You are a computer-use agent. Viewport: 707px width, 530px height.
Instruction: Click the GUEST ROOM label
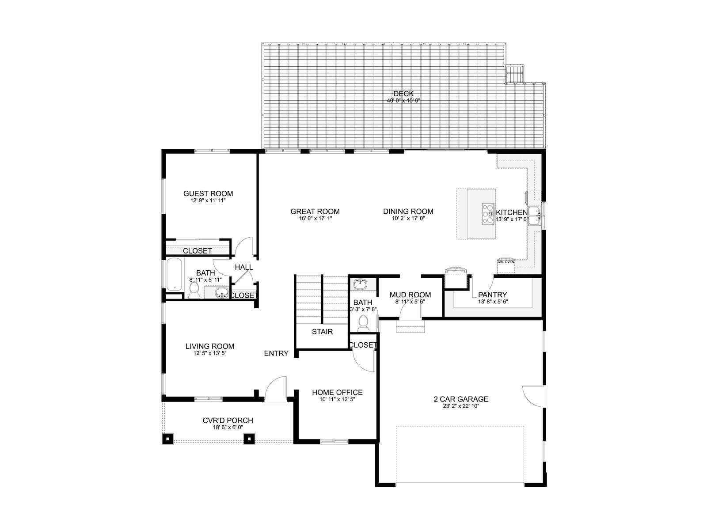(208, 193)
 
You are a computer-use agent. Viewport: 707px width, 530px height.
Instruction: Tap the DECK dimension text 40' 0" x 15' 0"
(403, 101)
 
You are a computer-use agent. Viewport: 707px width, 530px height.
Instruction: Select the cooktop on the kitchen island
(488, 214)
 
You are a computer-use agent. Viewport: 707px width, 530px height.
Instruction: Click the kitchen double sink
(535, 216)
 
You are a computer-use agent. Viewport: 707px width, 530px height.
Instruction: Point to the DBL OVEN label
(506, 262)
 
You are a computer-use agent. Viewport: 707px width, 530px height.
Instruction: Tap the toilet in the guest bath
(194, 291)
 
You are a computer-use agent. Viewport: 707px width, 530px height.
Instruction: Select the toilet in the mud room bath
(363, 323)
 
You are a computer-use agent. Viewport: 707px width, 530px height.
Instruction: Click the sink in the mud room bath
(361, 284)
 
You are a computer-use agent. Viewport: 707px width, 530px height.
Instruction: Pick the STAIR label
(322, 332)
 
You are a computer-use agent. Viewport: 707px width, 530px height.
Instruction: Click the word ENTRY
(276, 353)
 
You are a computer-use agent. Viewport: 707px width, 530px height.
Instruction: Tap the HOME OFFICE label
(337, 392)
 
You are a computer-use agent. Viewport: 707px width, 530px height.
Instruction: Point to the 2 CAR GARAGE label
(461, 399)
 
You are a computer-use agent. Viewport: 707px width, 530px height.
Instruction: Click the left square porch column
(167, 439)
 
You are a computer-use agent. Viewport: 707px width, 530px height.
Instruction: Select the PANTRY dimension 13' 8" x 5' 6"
(493, 302)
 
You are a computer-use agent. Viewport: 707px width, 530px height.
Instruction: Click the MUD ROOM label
(410, 295)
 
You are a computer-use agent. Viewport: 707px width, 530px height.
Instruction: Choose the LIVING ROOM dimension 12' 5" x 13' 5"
(210, 353)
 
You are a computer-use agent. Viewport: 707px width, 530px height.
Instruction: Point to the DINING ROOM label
(408, 212)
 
